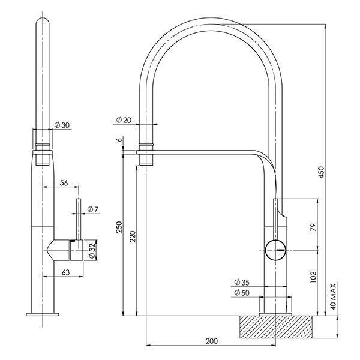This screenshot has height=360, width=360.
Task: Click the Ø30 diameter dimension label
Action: coord(62,125)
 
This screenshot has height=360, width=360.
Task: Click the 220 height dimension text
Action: coord(133,238)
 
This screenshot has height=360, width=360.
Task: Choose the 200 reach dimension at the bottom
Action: coord(211,341)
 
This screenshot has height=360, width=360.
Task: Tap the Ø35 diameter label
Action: coord(242,282)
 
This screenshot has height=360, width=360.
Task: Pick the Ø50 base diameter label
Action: coord(242,292)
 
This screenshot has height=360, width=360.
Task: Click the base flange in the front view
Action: coord(43,314)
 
